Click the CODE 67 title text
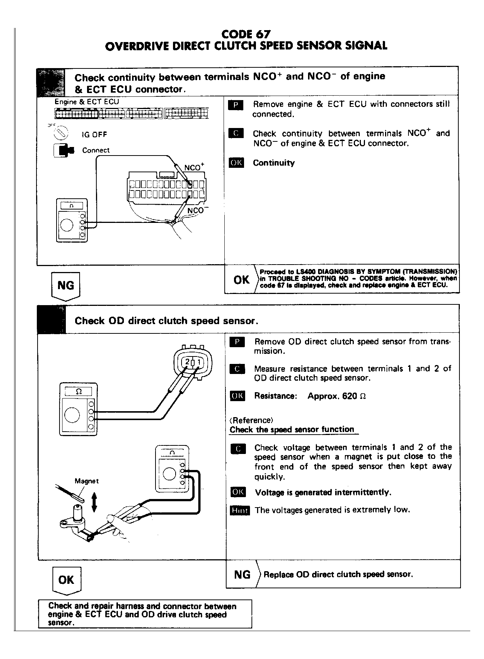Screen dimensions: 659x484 point(246,34)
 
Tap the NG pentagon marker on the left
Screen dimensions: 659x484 point(65,285)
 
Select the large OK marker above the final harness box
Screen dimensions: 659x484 point(66,580)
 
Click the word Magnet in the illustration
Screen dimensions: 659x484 point(87,481)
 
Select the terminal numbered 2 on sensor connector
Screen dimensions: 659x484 point(187,362)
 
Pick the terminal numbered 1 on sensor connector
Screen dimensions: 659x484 point(199,362)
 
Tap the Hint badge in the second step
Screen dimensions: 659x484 point(240,510)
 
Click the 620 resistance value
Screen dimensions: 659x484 point(349,396)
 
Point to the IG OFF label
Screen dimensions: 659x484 point(94,135)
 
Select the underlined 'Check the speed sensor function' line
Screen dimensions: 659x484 point(292,429)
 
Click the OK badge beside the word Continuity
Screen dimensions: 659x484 point(236,163)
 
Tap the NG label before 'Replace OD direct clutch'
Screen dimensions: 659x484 point(242,575)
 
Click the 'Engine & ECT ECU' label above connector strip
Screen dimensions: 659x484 point(87,102)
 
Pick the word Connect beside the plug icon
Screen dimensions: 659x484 point(96,150)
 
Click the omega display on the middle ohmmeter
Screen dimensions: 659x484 point(78,391)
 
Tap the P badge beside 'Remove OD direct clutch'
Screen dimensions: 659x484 point(237,342)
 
